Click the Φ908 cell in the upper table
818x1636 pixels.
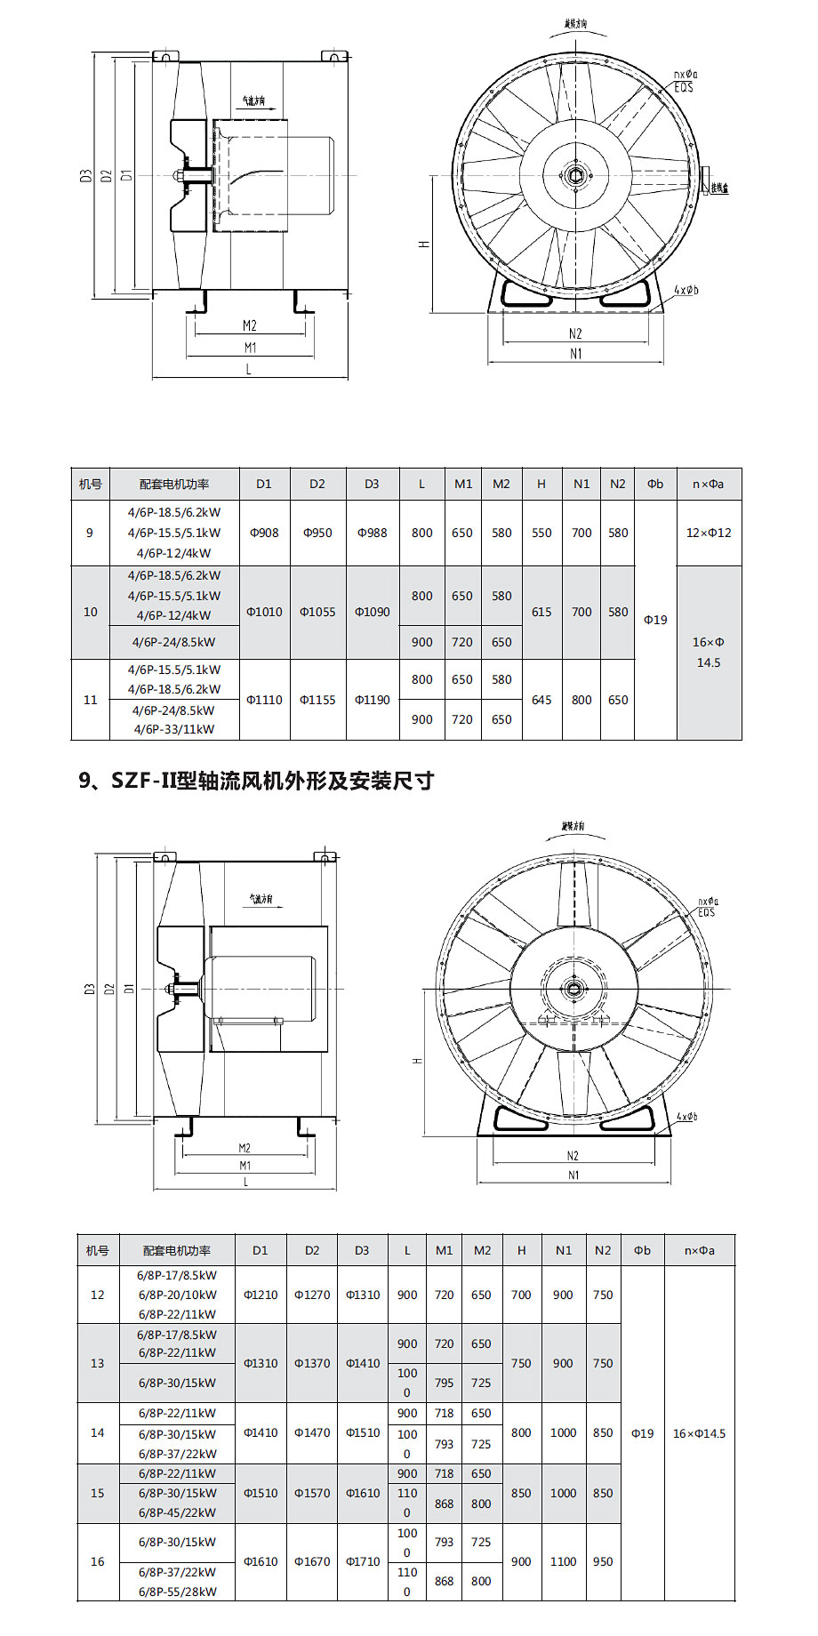coord(264,533)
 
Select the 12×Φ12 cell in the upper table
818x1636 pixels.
coord(709,533)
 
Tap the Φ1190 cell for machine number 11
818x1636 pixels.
coord(373,700)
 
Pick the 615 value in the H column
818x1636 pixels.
coord(541,612)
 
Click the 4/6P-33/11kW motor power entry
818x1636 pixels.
coord(174,729)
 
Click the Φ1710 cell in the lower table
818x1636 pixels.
coord(363,1561)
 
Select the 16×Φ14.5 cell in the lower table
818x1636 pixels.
coord(699,1433)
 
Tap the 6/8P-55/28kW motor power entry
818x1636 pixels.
coord(177,1592)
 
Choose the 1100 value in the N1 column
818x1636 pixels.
coord(563,1561)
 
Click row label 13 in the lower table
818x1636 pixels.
coord(98,1363)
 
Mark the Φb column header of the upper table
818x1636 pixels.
coord(655,484)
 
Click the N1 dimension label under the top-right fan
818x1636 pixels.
coord(576,354)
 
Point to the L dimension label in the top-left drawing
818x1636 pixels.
coord(248,369)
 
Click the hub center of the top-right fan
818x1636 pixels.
coord(575,174)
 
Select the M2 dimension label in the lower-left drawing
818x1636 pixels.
coord(245,1148)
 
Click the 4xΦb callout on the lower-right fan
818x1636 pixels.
coord(686,1116)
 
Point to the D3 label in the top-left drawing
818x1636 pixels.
coord(86,176)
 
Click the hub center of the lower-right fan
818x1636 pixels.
coord(573,990)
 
